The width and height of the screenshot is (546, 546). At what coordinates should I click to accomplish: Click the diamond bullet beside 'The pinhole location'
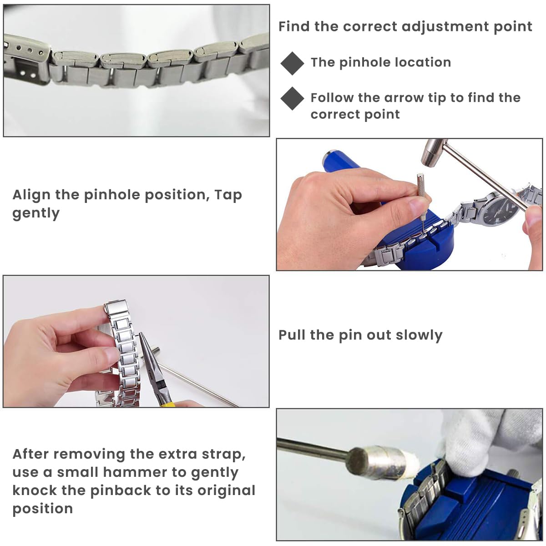[292, 63]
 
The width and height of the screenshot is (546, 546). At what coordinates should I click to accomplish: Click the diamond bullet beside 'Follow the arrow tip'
[292, 98]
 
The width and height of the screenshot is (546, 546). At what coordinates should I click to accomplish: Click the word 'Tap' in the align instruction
[228, 195]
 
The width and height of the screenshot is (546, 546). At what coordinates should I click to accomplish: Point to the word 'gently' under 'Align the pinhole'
[36, 213]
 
